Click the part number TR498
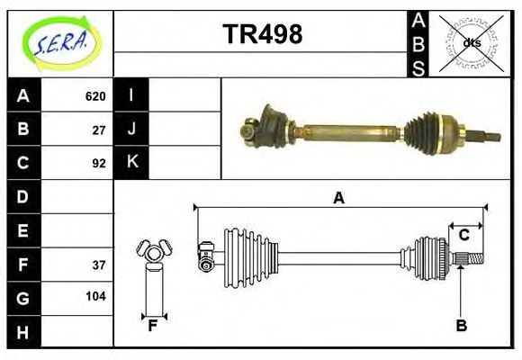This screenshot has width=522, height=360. point(262,34)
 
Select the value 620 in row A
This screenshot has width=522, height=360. point(95,96)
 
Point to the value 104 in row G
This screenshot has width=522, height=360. point(95,296)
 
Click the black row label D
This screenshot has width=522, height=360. point(23,196)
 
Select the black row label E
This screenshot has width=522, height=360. point(23,230)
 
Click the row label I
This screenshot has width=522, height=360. point(131,96)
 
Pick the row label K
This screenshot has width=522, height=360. point(131,163)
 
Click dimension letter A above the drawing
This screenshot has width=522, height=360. point(338,198)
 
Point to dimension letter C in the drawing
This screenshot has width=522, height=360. point(464,235)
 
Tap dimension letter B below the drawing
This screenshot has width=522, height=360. point(461,326)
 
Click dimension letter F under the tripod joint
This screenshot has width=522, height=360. point(153,326)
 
